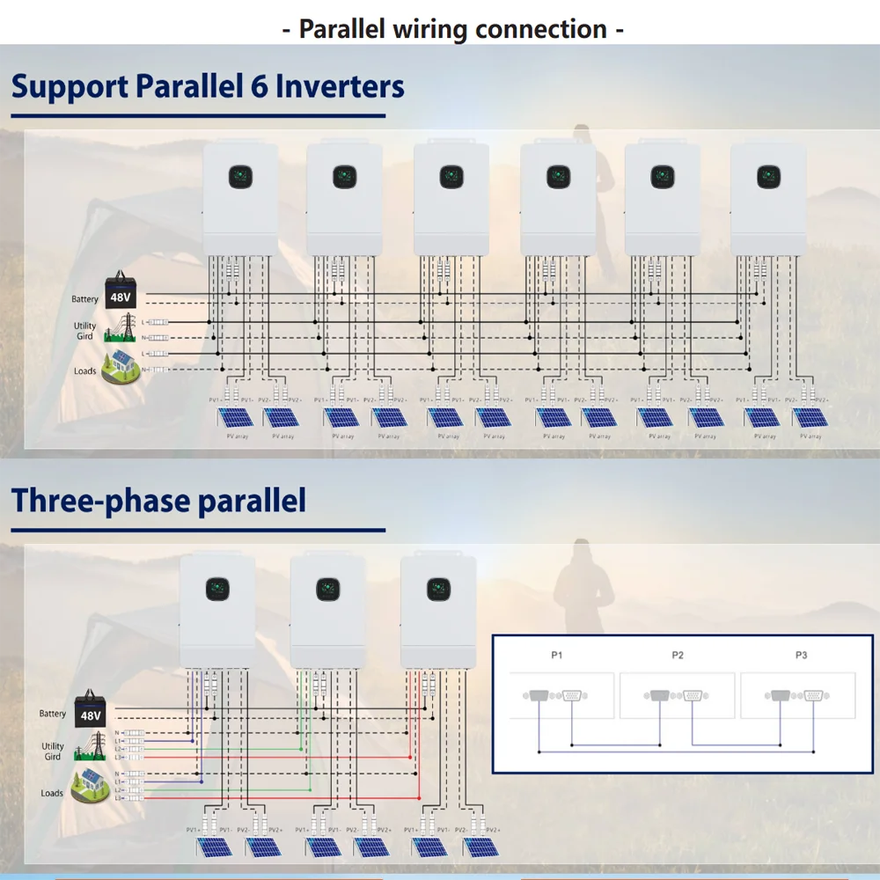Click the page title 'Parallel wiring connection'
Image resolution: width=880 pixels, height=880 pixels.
coord(453,28)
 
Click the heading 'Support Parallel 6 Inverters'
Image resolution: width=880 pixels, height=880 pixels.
coord(208,87)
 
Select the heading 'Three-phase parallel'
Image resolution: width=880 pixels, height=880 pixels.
coord(158,501)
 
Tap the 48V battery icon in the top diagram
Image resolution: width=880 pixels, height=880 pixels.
coord(119,290)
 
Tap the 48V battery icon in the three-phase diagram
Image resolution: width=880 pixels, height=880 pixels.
coord(90,710)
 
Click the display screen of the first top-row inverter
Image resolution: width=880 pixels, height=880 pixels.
coord(239,177)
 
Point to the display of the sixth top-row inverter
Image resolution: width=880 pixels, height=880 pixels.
coord(768,177)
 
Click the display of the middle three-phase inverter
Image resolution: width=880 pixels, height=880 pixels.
coord(327,588)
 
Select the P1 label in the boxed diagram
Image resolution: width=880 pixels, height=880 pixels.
coord(556,655)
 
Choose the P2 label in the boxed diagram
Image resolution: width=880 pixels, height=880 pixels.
coord(678,655)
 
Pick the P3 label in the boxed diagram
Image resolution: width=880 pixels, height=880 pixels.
coord(801,655)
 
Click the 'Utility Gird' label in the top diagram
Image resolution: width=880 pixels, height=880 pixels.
coord(84,332)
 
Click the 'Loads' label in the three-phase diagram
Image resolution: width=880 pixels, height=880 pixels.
coord(52,793)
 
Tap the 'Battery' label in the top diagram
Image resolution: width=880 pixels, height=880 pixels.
coord(84,299)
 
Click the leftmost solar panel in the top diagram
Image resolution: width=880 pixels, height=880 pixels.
coord(233,417)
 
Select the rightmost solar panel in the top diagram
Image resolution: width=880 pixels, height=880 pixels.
coord(810,417)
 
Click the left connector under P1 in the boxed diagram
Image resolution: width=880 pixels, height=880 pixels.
coord(538,696)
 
